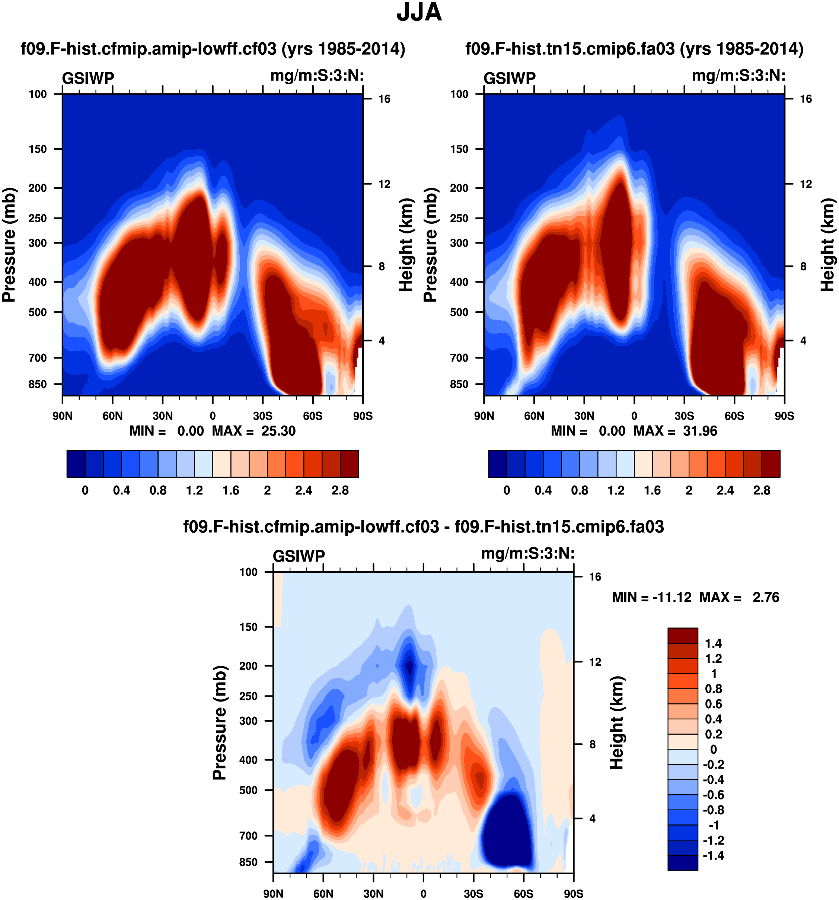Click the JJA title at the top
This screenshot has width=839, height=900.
coord(419,13)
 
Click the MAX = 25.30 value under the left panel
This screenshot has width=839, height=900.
coord(253,430)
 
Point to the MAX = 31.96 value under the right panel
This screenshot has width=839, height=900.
coord(675,430)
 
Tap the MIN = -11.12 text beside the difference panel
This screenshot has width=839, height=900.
coord(652,597)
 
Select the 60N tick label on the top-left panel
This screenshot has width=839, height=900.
coord(112,416)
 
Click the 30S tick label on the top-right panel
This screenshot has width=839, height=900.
coord(684,416)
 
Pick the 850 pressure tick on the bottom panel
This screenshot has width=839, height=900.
coord(248,862)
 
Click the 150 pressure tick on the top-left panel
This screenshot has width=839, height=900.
coord(38,149)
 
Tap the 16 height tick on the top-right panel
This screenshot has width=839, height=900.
coord(805,99)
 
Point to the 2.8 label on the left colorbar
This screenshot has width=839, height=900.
coord(340,490)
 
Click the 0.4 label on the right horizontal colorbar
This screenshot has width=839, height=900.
coord(543,490)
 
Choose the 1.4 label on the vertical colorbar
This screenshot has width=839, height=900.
coord(713,643)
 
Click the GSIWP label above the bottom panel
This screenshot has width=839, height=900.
coord(299,556)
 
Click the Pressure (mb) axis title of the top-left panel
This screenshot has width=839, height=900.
coord(9,245)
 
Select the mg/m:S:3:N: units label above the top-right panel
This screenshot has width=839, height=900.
coord(738,75)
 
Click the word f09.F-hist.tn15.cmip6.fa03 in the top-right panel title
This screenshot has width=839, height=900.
coord(570,48)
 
